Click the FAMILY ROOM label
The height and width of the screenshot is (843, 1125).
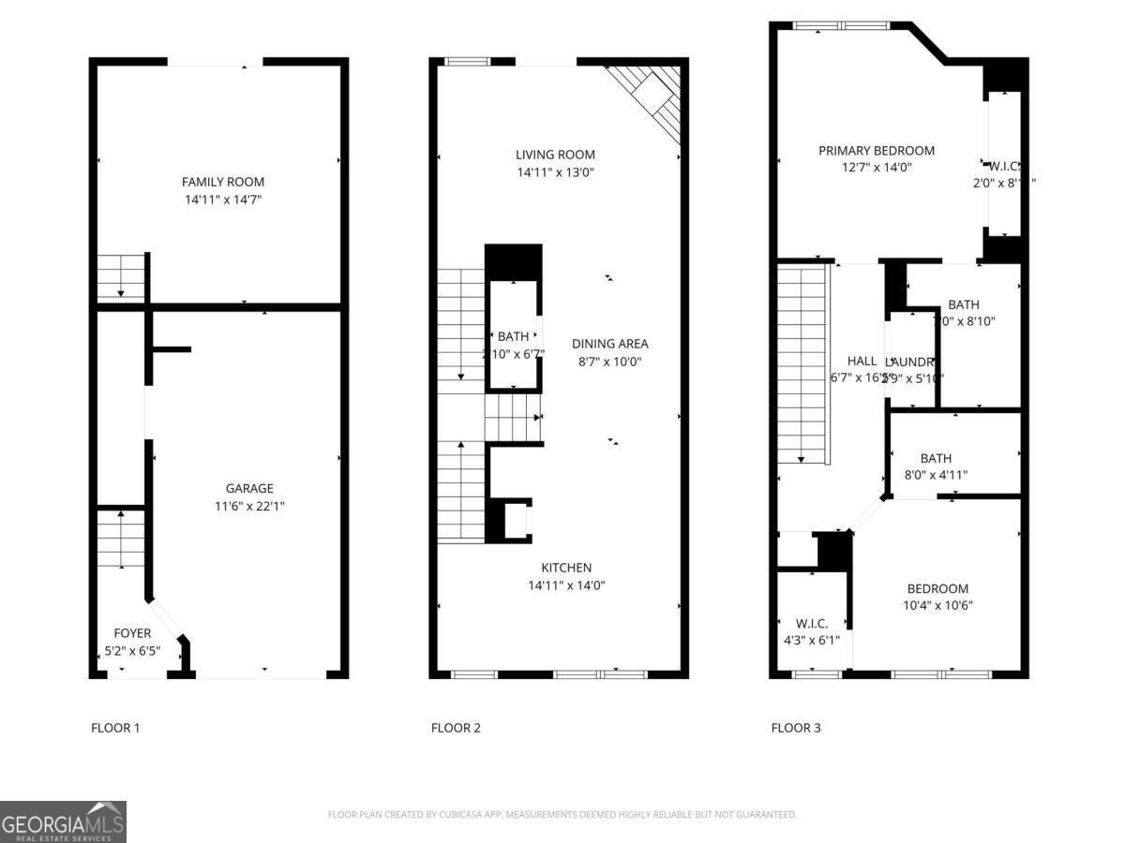point(223,182)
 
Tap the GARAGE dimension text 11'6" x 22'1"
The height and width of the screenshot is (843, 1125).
point(249,506)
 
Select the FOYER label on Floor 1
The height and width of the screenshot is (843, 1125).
point(132,633)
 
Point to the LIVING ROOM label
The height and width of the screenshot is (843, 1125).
point(555,155)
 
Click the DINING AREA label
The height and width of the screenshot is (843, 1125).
point(609,344)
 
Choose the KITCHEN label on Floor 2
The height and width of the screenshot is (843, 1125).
point(566,568)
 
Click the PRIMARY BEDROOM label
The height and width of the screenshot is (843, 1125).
point(876,150)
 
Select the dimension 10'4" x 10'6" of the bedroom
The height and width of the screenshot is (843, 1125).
point(937,605)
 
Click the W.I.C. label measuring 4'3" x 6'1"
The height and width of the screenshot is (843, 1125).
point(811,623)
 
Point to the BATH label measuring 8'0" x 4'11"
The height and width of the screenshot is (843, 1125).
point(936,458)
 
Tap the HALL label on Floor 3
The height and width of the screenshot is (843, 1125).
point(862,361)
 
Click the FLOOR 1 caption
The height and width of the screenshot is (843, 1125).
point(115,728)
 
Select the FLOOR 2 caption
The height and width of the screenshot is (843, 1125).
point(456,728)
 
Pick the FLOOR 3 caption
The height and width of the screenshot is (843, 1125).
point(796,728)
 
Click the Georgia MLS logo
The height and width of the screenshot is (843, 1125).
point(63,821)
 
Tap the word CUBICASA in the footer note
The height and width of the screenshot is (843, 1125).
point(460,815)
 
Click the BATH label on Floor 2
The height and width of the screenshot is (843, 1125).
point(513,336)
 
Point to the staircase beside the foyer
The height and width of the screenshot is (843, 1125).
point(121,539)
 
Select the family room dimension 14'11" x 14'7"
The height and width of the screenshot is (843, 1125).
point(223,200)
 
